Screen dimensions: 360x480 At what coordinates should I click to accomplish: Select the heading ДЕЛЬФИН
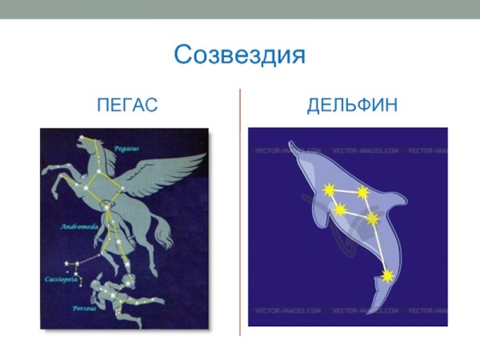[x=353, y=106]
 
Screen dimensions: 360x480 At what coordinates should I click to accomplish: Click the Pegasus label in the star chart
[x=126, y=148]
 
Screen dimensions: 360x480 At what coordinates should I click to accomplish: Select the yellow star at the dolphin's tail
[x=388, y=276]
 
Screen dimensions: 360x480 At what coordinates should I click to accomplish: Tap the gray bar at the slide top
[x=240, y=9]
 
